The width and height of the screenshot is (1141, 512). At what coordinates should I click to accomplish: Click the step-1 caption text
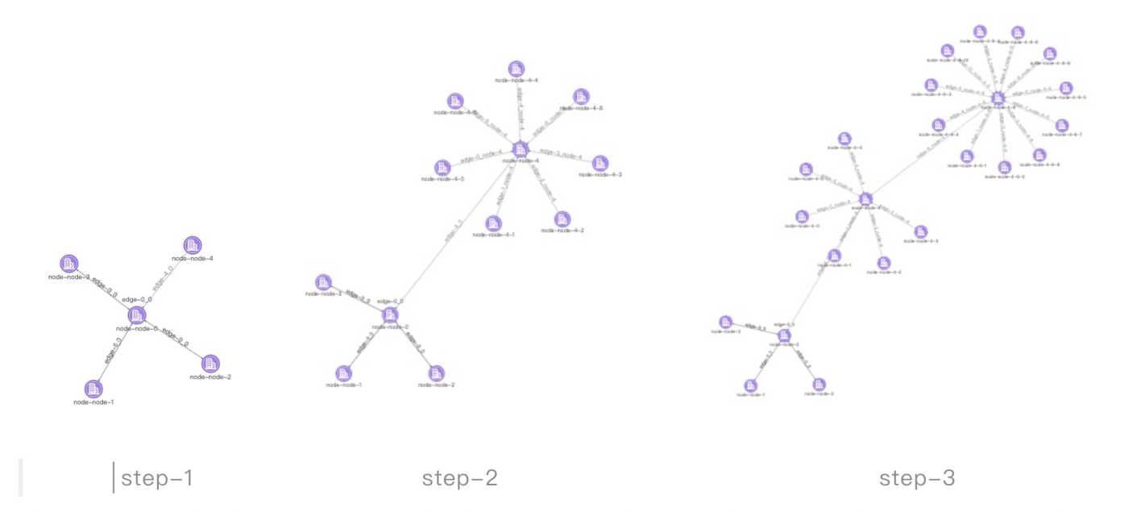click(157, 479)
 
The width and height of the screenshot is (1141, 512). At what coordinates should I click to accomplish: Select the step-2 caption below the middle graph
click(460, 479)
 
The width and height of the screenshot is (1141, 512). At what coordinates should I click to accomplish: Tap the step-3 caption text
click(917, 479)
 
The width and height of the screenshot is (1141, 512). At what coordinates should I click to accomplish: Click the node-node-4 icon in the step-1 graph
click(192, 245)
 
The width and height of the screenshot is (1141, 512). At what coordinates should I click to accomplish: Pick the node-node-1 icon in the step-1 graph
click(94, 388)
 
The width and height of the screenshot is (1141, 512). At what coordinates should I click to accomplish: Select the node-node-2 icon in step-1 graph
click(210, 364)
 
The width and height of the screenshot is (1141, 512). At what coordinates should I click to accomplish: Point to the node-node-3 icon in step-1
click(68, 263)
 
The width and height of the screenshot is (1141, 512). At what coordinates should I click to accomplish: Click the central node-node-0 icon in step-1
click(137, 314)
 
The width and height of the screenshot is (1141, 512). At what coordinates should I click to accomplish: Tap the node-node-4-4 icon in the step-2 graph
click(517, 69)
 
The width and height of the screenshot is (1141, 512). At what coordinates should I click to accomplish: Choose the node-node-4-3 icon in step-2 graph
click(600, 163)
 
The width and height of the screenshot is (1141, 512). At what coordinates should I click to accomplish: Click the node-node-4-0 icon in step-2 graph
click(442, 168)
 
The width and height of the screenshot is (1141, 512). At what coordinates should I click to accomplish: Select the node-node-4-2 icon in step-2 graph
click(562, 219)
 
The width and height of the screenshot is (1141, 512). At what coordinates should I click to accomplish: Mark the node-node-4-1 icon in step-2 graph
click(493, 223)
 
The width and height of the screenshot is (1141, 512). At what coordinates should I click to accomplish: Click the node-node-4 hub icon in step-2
click(520, 148)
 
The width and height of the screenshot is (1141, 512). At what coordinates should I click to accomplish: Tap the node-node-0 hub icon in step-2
click(390, 314)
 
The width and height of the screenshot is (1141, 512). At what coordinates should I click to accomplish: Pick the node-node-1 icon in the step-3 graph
click(751, 385)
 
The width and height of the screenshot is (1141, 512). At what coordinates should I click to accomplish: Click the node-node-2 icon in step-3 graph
click(819, 384)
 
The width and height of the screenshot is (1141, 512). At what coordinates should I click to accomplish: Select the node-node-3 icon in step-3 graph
click(725, 322)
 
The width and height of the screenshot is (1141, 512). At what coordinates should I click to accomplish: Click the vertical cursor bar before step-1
click(114, 479)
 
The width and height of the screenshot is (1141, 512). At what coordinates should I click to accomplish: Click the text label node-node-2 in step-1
click(211, 377)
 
